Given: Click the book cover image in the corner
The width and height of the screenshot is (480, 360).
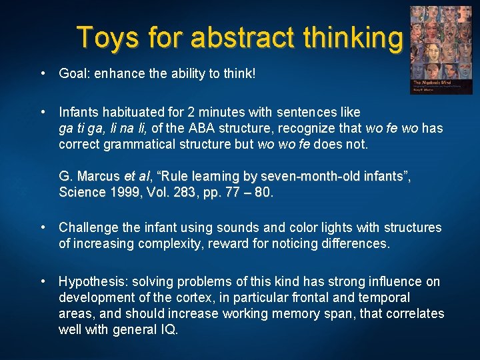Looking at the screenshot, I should click(435, 50).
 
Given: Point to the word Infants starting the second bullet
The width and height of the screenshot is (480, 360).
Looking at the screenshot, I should click(79, 112).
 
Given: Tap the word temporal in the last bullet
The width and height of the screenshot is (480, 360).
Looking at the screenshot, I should click(385, 298).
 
